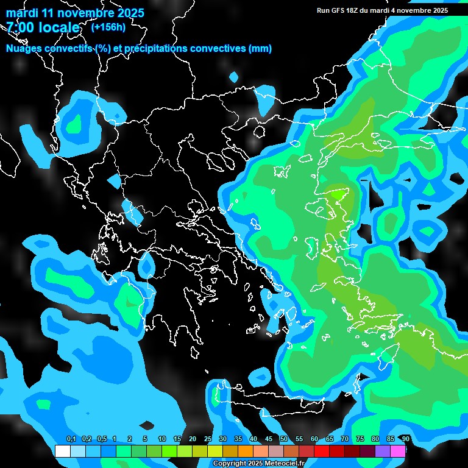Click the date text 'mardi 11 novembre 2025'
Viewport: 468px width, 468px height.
[75, 13]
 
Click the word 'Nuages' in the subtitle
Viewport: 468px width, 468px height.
[25, 49]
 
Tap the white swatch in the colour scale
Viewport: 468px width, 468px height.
[62, 451]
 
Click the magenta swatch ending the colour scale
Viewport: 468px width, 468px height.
[398, 451]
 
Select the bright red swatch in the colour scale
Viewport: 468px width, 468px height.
[322, 451]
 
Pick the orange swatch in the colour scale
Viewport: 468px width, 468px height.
[246, 451]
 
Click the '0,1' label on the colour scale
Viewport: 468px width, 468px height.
[71, 439]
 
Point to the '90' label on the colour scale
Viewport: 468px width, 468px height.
[406, 439]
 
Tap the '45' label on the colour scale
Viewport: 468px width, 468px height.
[269, 439]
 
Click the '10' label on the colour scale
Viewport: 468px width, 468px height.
[161, 439]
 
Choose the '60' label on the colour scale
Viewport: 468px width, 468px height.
[314, 439]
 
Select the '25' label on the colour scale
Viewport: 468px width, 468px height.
[208, 439]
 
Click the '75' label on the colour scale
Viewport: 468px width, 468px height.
[360, 439]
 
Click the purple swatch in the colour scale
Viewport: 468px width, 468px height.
[383, 451]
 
